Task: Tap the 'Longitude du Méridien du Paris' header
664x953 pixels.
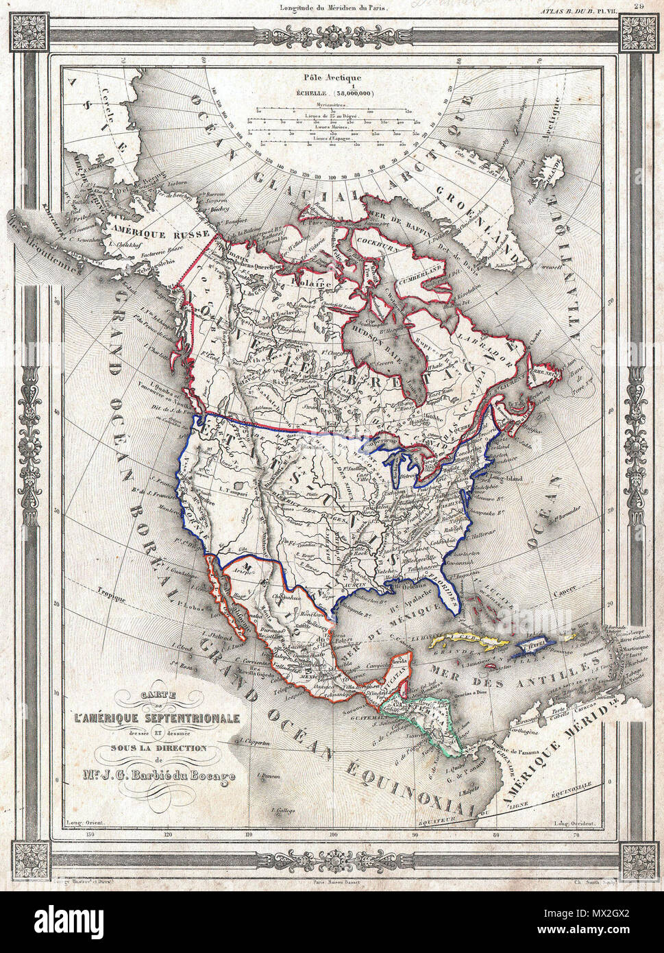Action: pos(333,8)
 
